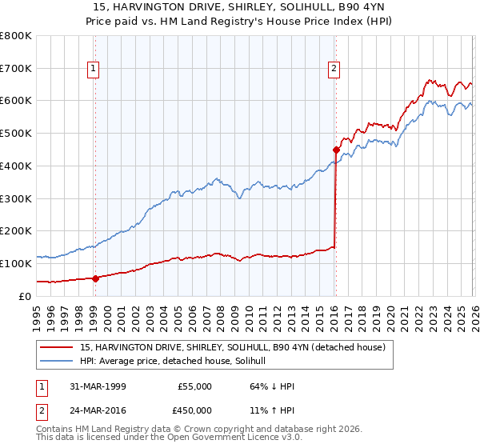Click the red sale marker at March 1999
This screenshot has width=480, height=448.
point(95,278)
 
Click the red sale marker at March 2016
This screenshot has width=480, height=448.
point(336,149)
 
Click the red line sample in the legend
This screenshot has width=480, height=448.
point(57,347)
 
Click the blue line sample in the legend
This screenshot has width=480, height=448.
point(57,361)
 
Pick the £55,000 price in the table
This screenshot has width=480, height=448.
point(195,386)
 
